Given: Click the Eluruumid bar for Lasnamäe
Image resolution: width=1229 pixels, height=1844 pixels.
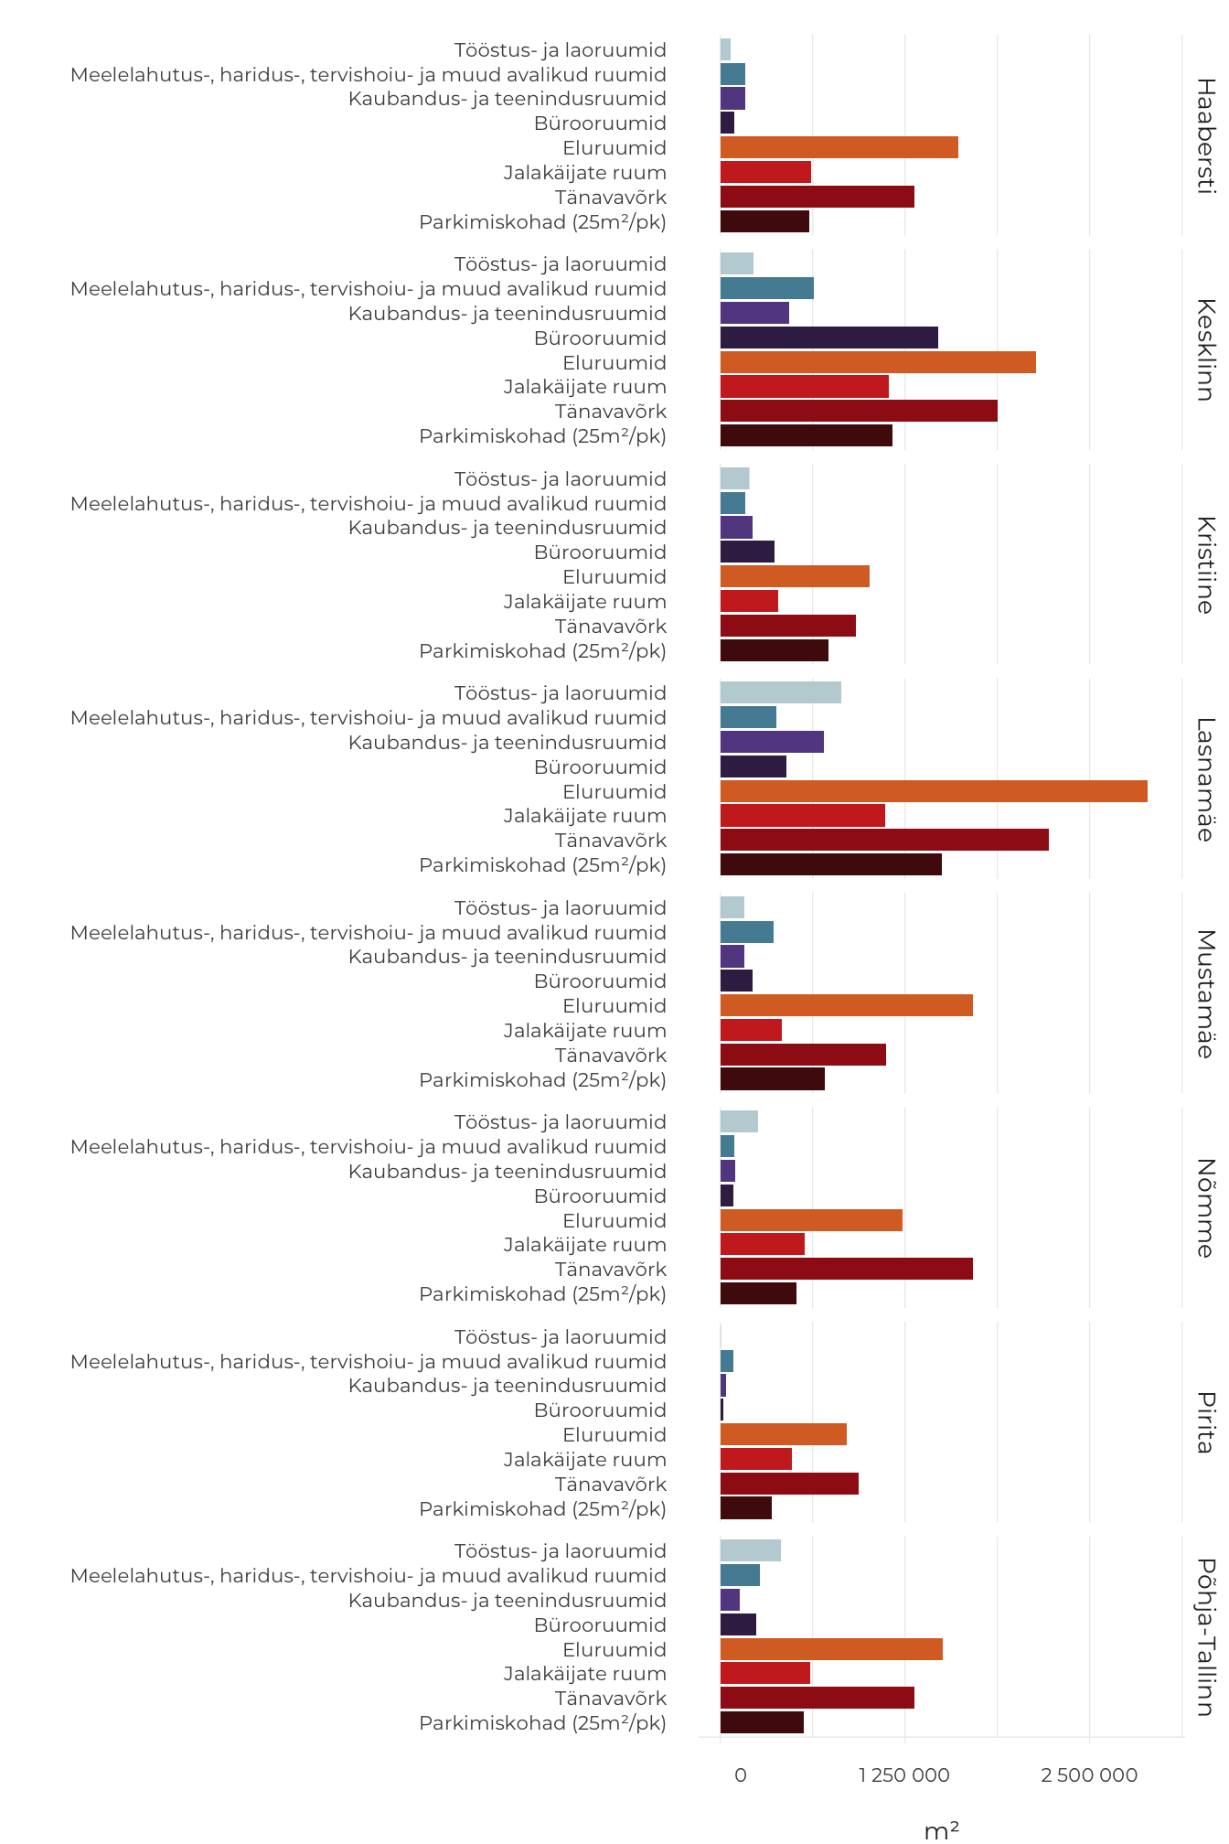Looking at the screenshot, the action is click(x=934, y=791).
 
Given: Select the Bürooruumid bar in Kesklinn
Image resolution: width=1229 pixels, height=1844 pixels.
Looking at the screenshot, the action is click(x=829, y=338).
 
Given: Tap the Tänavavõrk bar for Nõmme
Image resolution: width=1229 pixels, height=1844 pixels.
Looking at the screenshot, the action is click(x=847, y=1269).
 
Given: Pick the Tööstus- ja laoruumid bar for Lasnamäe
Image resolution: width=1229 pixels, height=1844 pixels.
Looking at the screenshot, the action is click(x=781, y=692).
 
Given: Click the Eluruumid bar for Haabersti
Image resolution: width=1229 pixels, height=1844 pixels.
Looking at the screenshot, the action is click(x=839, y=147).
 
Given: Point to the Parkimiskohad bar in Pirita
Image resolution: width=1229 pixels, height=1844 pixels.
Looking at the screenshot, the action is click(x=746, y=1507).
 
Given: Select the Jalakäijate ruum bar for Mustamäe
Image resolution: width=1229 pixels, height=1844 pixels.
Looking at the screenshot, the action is click(x=751, y=1030).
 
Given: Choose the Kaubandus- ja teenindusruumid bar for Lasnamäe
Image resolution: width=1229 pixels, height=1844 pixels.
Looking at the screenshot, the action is click(x=772, y=742).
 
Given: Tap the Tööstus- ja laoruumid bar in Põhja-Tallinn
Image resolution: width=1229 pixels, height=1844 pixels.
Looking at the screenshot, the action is click(x=751, y=1550).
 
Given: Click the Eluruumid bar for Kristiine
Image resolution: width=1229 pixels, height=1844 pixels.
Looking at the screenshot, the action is click(x=795, y=576).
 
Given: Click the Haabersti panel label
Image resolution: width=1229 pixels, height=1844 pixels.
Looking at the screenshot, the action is click(x=1206, y=135).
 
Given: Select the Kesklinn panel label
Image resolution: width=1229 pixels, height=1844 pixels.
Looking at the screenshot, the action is click(x=1206, y=349).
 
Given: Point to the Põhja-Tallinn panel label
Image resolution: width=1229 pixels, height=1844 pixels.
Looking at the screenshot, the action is click(x=1206, y=1637).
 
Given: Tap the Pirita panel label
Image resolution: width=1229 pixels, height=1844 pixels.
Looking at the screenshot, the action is click(x=1206, y=1422).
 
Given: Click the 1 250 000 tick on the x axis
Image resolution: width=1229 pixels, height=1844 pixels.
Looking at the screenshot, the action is click(x=904, y=1775).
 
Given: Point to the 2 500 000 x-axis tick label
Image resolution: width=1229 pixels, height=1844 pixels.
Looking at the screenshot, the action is click(x=1089, y=1775).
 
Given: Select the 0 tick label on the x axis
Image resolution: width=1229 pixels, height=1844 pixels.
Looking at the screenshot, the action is click(x=741, y=1775).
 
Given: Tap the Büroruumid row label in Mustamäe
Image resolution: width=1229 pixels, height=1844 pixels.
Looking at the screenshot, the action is click(x=600, y=981).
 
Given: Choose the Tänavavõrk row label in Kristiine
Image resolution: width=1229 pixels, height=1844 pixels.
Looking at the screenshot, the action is click(x=611, y=627).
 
